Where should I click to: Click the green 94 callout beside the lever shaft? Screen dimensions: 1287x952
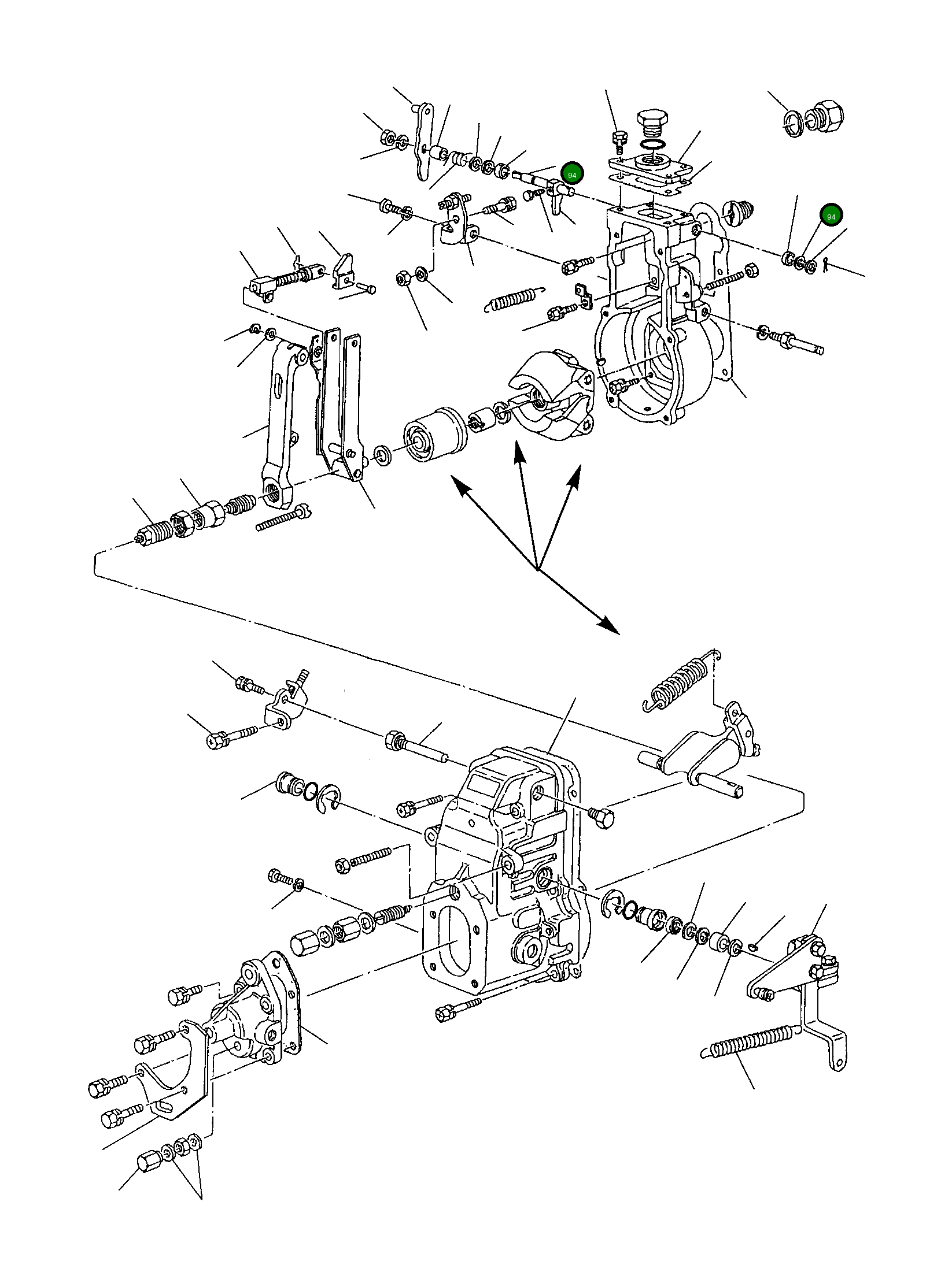pyautogui.click(x=572, y=174)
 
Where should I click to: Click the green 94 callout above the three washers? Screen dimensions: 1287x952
pyautogui.click(x=831, y=216)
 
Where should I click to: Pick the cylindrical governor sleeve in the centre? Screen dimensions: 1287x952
pyautogui.click(x=435, y=434)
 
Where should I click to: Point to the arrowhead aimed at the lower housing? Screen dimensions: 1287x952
pyautogui.click(x=608, y=625)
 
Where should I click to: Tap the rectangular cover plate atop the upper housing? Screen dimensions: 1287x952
pyautogui.click(x=651, y=169)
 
